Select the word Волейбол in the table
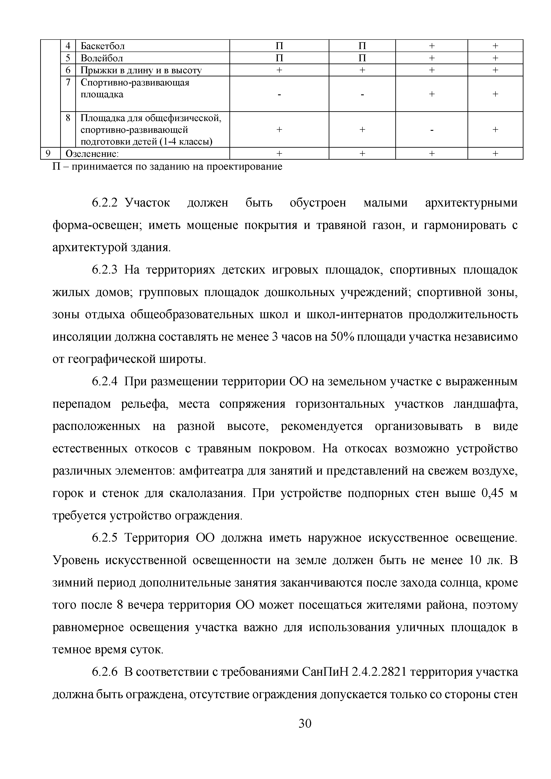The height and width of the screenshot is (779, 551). point(102,58)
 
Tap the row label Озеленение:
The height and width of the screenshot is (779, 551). point(92,154)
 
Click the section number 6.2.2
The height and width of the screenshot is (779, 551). point(105,203)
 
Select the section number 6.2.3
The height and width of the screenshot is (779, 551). point(105,270)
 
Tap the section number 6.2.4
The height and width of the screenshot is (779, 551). point(105,382)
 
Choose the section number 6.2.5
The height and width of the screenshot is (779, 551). point(105,538)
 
